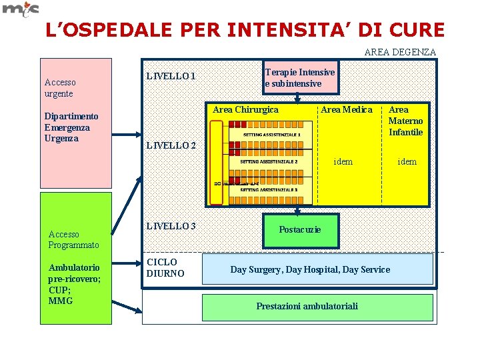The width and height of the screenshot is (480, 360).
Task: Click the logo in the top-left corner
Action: pos(21,9)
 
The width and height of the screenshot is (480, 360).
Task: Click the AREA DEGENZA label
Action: pos(400,51)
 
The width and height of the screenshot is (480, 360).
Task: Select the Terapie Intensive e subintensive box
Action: pos(300,77)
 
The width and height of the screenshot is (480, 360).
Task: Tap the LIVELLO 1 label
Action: pos(171,76)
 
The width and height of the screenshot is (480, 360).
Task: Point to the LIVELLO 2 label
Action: pos(171,145)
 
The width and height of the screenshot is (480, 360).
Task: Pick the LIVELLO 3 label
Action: pos(171,225)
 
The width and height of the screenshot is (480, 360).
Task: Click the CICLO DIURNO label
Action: pos(162,267)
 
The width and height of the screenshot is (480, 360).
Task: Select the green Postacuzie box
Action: pos(300,229)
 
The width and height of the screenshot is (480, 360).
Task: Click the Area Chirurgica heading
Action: pos(245,109)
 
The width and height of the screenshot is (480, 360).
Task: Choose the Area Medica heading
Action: pos(347,109)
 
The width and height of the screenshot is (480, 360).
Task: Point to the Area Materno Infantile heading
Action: pos(405,121)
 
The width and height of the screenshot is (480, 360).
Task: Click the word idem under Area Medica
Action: pos(343,161)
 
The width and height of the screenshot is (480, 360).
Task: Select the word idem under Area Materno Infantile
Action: pos(407,161)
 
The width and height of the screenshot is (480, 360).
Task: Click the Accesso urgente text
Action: pos(59,87)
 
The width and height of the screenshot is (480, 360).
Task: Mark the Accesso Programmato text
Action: pos(73,239)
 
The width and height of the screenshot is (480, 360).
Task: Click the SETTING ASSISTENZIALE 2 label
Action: pos(269,161)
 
